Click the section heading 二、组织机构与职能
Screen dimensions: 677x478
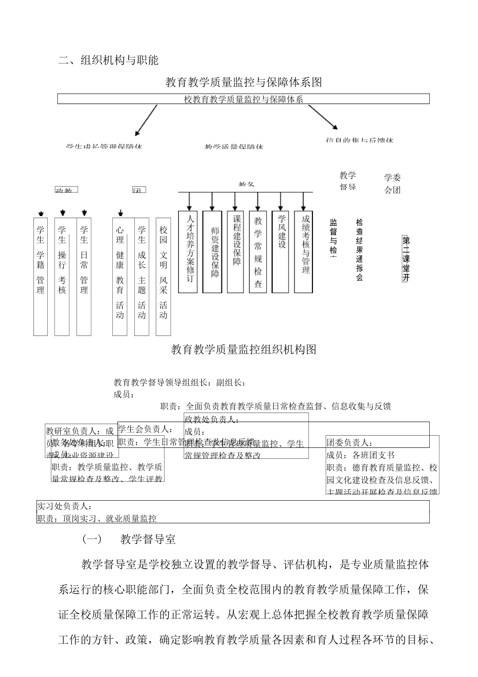pyautogui.click(x=108, y=60)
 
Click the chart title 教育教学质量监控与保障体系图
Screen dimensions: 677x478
pyautogui.click(x=244, y=82)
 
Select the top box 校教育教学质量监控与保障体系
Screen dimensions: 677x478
pyautogui.click(x=244, y=99)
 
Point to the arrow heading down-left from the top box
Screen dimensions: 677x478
pyautogui.click(x=145, y=121)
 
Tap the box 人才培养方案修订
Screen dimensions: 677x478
pyautogui.click(x=190, y=251)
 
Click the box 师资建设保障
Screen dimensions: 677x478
pyautogui.click(x=212, y=251)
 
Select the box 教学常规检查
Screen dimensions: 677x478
pyautogui.click(x=258, y=251)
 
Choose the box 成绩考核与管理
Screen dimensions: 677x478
pyautogui.click(x=304, y=251)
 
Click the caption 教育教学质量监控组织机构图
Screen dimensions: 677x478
pyautogui.click(x=244, y=349)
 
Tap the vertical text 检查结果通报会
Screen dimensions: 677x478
pyautogui.click(x=359, y=249)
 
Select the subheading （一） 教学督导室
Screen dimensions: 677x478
pyautogui.click(x=129, y=539)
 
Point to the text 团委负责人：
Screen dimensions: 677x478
pyautogui.click(x=349, y=443)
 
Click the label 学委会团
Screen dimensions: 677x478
pyautogui.click(x=392, y=184)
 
